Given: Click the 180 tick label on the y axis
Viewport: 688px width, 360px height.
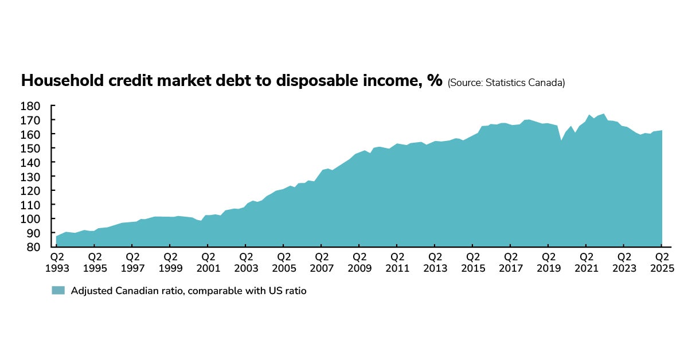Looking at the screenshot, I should (30, 106).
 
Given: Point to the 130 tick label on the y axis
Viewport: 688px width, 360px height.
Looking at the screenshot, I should (30, 177).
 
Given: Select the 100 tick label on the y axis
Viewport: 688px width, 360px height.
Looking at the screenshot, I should (30, 219).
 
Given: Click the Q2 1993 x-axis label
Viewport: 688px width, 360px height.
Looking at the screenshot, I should (57, 263).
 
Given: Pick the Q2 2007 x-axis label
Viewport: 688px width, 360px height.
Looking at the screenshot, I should (322, 263).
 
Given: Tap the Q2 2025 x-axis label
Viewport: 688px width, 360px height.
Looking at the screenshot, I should (662, 263).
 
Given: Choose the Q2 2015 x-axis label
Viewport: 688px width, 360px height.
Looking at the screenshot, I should (473, 263).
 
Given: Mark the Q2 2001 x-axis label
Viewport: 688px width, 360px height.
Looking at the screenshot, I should (209, 263).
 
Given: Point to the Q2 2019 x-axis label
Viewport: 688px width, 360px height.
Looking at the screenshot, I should (549, 263).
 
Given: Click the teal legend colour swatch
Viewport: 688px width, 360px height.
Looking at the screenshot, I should (58, 291).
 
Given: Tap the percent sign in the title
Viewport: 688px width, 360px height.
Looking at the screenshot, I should (435, 81).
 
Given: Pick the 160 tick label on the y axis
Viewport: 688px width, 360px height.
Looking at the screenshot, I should (30, 134).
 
